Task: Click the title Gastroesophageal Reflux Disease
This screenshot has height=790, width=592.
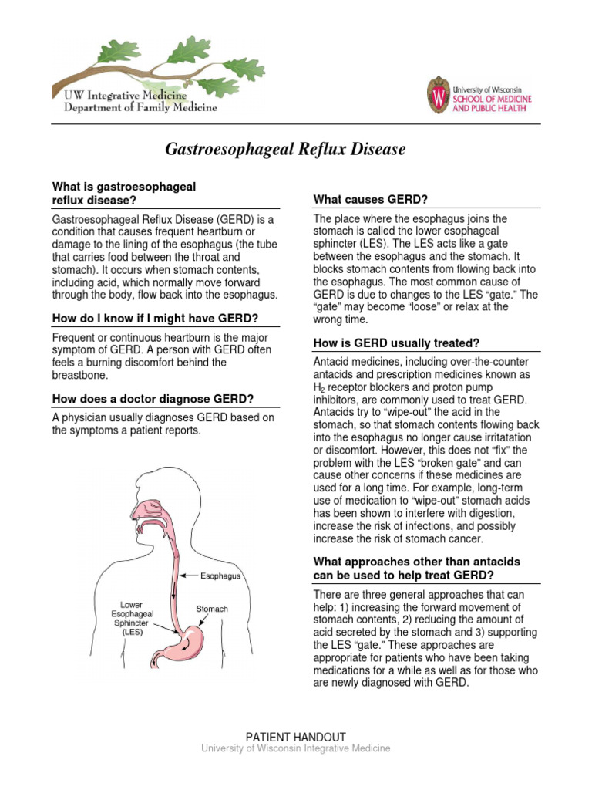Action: pyautogui.click(x=285, y=150)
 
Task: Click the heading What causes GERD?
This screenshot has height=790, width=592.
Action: pyautogui.click(x=370, y=200)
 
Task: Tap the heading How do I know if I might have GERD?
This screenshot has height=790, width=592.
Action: pyautogui.click(x=155, y=319)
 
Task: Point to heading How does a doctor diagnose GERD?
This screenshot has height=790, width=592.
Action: pyautogui.click(x=153, y=399)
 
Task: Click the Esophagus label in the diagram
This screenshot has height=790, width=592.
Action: pyautogui.click(x=220, y=576)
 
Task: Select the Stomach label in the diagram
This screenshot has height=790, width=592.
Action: pyautogui.click(x=212, y=609)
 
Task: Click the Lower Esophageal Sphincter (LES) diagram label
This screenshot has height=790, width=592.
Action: pyautogui.click(x=132, y=617)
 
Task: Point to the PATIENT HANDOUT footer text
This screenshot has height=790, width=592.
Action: pyautogui.click(x=296, y=737)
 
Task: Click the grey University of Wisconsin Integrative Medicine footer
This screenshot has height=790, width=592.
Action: pyautogui.click(x=296, y=748)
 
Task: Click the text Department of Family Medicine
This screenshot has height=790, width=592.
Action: pyautogui.click(x=135, y=108)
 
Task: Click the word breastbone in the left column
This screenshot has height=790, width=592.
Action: pyautogui.click(x=82, y=375)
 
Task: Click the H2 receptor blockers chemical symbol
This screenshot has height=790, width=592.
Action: pyautogui.click(x=319, y=387)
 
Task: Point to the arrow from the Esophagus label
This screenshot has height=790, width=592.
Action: pyautogui.click(x=189, y=576)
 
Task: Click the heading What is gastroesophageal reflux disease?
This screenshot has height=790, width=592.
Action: pyautogui.click(x=123, y=194)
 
